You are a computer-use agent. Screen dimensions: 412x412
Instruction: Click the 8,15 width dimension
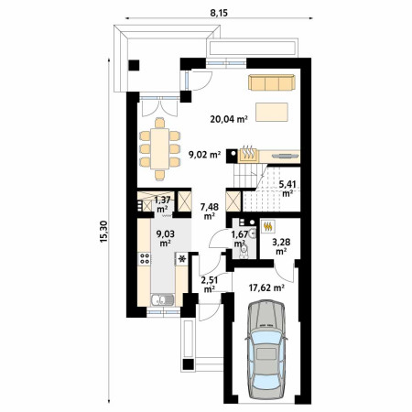[219, 13]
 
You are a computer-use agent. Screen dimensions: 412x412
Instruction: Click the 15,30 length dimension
[103, 232]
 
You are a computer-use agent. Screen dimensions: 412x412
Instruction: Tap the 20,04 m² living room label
[229, 119]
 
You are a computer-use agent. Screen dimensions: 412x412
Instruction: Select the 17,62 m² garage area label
[266, 287]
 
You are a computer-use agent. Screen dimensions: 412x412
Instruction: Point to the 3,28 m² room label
[281, 246]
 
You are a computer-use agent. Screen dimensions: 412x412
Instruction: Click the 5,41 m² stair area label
[287, 189]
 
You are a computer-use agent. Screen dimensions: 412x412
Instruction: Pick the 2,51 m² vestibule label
[209, 284]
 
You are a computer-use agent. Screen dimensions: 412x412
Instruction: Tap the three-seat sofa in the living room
[272, 82]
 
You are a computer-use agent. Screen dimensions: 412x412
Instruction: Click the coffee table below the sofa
[272, 112]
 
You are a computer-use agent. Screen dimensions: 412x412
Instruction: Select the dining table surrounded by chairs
[159, 148]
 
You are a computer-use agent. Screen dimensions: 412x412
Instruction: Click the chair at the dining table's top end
[159, 123]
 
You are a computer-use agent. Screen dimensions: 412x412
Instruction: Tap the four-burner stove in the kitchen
[145, 258]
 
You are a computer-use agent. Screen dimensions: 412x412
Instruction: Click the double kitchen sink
[162, 299]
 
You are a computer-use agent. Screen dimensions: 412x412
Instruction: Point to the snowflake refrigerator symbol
[182, 259]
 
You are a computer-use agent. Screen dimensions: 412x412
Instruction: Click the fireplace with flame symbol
[248, 155]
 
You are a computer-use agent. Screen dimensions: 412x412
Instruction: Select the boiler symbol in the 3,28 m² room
[268, 226]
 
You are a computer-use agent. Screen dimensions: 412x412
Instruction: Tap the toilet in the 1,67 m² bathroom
[244, 251]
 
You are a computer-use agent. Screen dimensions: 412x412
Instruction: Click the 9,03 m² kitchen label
[165, 238]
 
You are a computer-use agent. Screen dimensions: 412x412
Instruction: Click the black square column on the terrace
[134, 65]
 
